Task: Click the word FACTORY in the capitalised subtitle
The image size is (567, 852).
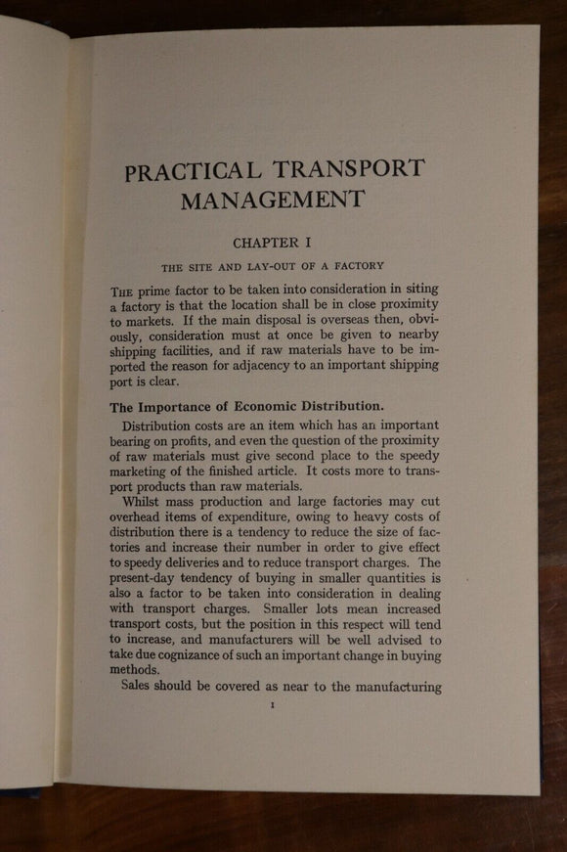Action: (356, 265)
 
